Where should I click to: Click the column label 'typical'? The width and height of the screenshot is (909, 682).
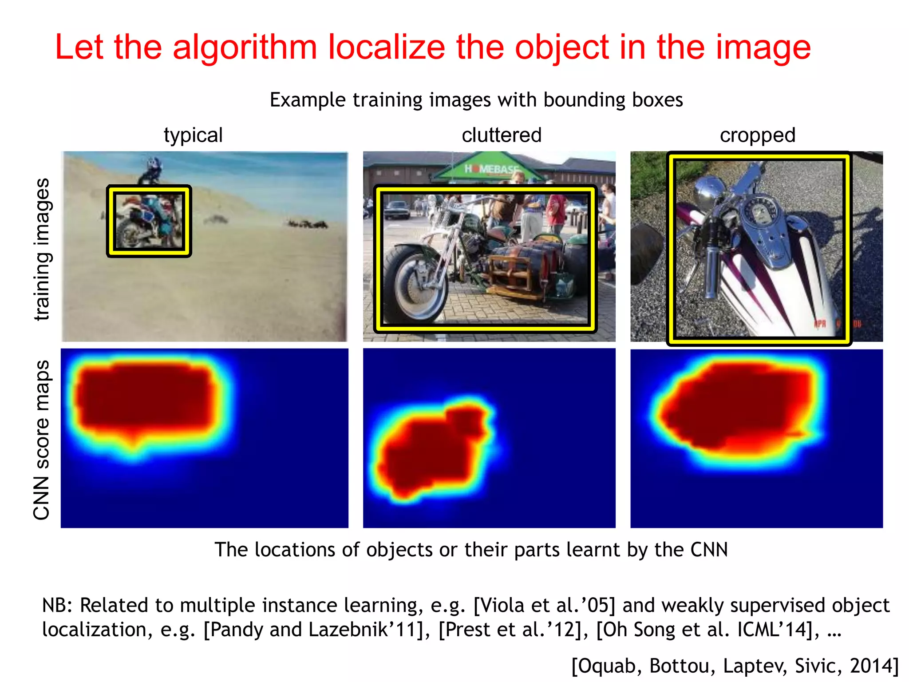pyautogui.click(x=193, y=135)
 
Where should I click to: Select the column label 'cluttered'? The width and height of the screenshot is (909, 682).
pyautogui.click(x=502, y=135)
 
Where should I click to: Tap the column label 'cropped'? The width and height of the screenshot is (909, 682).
pyautogui.click(x=757, y=135)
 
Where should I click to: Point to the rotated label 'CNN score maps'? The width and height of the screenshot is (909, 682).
pyautogui.click(x=42, y=440)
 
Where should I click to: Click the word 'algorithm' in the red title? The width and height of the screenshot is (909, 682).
pyautogui.click(x=245, y=48)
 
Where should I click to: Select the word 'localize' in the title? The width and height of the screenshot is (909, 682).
pyautogui.click(x=386, y=48)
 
